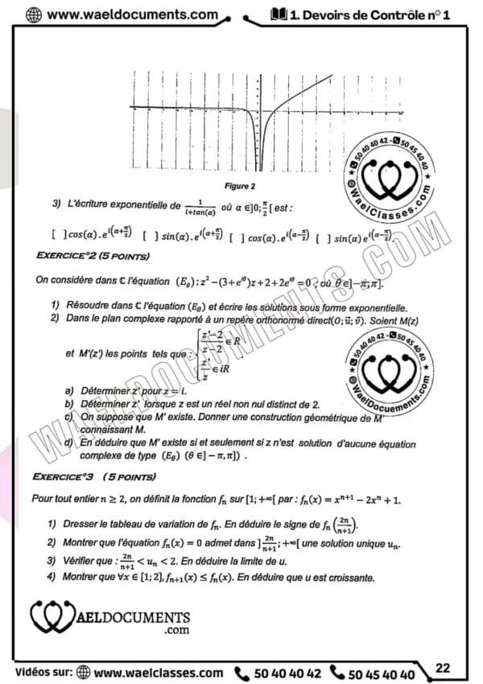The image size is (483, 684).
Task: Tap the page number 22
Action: tap(444, 667)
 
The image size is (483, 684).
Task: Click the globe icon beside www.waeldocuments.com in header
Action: tap(35, 14)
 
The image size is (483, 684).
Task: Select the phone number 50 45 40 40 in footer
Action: tap(385, 674)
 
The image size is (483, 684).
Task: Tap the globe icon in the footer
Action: tap(83, 674)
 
